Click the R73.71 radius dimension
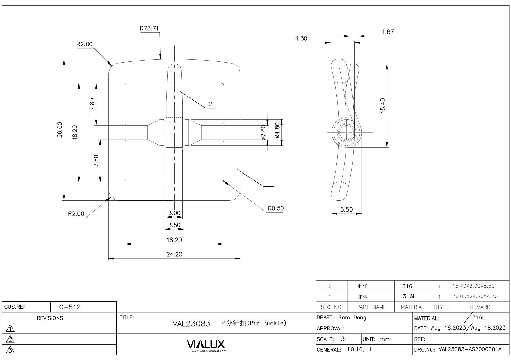pyautogui.click(x=149, y=28)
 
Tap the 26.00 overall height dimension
pyautogui.click(x=60, y=130)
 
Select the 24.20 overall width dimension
pyautogui.click(x=174, y=254)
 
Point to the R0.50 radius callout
pyautogui.click(x=276, y=208)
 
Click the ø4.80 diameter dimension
pyautogui.click(x=277, y=130)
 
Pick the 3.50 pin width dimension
pyautogui.click(x=174, y=225)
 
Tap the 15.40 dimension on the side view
pyautogui.click(x=383, y=105)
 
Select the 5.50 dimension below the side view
pyautogui.click(x=346, y=209)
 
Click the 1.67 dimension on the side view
pyautogui.click(x=388, y=32)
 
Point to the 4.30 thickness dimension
pyautogui.click(x=301, y=38)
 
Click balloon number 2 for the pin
pyautogui.click(x=210, y=104)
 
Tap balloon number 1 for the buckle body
pyautogui.click(x=269, y=183)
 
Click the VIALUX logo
pyautogui.click(x=206, y=344)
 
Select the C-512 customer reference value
pyautogui.click(x=70, y=307)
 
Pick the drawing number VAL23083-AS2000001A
pyautogui.click(x=470, y=349)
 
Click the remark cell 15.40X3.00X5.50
pyautogui.click(x=473, y=286)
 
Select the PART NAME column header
pyautogui.click(x=371, y=307)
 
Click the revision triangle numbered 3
pyautogui.click(x=10, y=350)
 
